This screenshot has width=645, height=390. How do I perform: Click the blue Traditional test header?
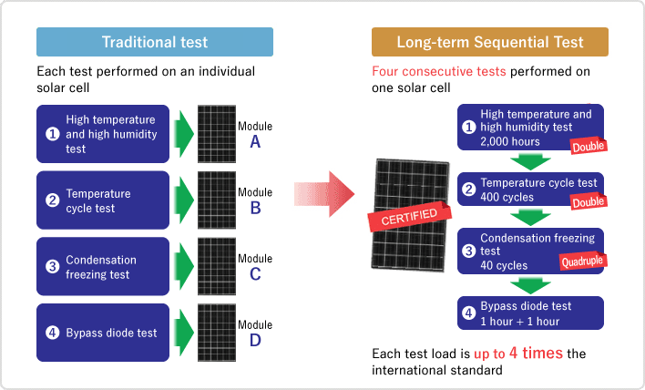155,42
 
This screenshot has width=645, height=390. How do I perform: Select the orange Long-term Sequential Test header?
490,42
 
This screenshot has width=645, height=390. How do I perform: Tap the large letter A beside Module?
255,142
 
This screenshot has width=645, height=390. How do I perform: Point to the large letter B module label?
255,208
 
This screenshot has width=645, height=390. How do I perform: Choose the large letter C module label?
255,274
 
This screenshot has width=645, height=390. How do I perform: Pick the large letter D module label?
255,340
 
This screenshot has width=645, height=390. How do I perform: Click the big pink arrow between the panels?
324,194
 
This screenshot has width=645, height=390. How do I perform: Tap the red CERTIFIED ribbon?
409,216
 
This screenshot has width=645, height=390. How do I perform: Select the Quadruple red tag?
583,262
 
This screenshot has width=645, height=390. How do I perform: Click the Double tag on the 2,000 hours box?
589,146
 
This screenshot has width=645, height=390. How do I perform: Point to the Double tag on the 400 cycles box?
589,201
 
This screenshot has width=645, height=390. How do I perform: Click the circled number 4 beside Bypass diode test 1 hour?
468,313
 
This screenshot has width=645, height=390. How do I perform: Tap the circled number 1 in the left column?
52,134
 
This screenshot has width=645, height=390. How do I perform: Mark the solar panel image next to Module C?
217,266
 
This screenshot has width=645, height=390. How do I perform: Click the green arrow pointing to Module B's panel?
184,200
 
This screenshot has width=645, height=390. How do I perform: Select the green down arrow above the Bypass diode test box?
530,285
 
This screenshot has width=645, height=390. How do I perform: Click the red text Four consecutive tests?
438,71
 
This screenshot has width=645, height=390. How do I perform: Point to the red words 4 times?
536,353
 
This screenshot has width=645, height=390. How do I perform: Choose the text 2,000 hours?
510,141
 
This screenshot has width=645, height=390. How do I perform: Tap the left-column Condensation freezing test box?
103,267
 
